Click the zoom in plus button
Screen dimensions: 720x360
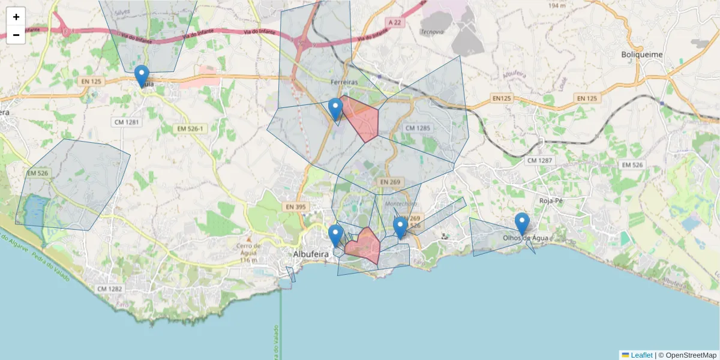[x=16, y=17]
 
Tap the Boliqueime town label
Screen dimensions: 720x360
[x=641, y=55]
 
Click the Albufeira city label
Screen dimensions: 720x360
[x=311, y=254]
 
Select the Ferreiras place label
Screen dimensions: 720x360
[x=344, y=82]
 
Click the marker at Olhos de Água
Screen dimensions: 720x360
[x=522, y=223]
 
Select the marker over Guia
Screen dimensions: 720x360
[x=142, y=75]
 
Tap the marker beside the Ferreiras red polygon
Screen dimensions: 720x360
[x=335, y=109]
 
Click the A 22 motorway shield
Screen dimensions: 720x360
[x=394, y=22]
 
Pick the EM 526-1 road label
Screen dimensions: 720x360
[x=190, y=129]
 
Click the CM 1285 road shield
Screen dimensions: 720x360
[x=418, y=128]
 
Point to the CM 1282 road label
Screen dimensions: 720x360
[x=109, y=289]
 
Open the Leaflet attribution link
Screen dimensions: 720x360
[x=641, y=355]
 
